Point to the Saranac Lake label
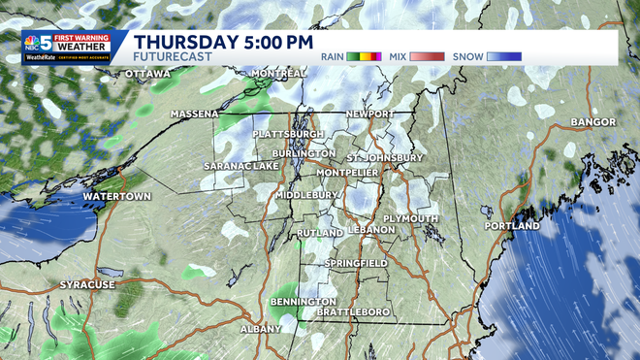(x=240, y=166)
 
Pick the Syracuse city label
(x=87, y=284)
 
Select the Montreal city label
(x=279, y=74)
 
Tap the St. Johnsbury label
(x=385, y=157)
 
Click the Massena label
(x=195, y=114)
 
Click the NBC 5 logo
(x=39, y=45)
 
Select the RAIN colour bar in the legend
(x=366, y=56)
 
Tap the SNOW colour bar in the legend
(x=504, y=56)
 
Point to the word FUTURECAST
(x=170, y=57)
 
